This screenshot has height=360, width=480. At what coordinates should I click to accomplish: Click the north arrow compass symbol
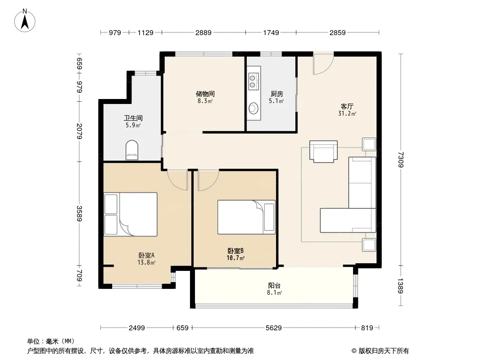(25, 21)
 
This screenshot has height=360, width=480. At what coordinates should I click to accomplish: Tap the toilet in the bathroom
(132, 150)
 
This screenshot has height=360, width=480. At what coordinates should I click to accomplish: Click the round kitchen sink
(254, 108)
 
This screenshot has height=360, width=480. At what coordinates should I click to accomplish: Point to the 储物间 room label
(205, 94)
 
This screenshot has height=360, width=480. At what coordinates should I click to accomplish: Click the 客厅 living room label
(347, 106)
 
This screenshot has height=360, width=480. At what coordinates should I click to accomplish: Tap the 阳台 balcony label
(274, 285)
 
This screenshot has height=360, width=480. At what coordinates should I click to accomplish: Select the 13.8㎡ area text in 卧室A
(146, 262)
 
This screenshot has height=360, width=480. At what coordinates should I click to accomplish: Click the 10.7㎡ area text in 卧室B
(235, 258)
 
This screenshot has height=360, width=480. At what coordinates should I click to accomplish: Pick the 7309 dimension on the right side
(401, 160)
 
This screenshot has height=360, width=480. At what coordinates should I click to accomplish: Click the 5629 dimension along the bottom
(273, 328)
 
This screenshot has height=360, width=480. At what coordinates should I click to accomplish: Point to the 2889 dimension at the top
(204, 32)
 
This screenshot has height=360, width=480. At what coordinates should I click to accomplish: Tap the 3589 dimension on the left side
(79, 213)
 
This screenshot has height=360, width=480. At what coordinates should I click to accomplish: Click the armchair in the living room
(324, 151)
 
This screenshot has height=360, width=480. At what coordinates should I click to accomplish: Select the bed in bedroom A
(131, 214)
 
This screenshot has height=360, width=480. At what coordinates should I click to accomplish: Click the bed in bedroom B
(246, 217)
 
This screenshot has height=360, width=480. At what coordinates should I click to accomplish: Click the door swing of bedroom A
(177, 180)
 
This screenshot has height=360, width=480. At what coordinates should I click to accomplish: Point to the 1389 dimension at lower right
(401, 286)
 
